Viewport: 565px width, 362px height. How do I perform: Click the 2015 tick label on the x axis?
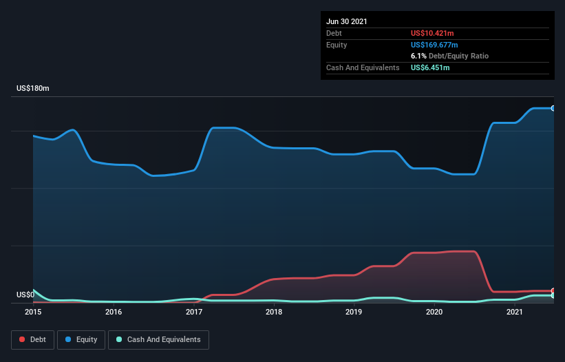click(x=33, y=312)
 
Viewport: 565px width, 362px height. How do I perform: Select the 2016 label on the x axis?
click(x=114, y=312)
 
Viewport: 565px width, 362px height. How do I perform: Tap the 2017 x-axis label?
click(x=194, y=312)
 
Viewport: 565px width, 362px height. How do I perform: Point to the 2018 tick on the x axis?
click(x=274, y=312)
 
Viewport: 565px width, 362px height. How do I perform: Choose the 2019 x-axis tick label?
click(x=354, y=312)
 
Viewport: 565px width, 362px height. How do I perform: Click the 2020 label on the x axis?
click(x=434, y=312)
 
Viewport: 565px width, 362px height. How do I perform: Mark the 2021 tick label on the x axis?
click(x=514, y=312)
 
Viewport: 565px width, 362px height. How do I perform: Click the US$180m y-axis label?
click(x=33, y=89)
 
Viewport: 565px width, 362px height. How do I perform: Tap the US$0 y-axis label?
click(x=25, y=295)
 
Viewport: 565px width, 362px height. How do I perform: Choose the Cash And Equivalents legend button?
click(x=158, y=339)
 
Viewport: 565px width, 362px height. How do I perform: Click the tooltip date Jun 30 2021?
click(x=347, y=21)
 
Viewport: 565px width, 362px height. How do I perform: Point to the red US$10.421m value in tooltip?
click(x=431, y=33)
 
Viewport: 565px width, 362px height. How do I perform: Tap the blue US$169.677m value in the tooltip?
click(x=434, y=45)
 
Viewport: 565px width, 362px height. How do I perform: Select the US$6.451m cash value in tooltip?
click(x=430, y=67)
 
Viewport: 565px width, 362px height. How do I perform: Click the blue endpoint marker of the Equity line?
click(x=553, y=108)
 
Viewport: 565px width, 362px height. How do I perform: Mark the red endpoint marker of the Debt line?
click(x=553, y=290)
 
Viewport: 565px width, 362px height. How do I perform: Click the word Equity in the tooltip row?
click(x=337, y=45)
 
